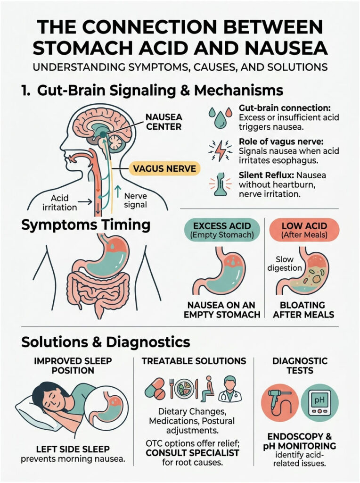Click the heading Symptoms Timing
pos(86,225)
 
